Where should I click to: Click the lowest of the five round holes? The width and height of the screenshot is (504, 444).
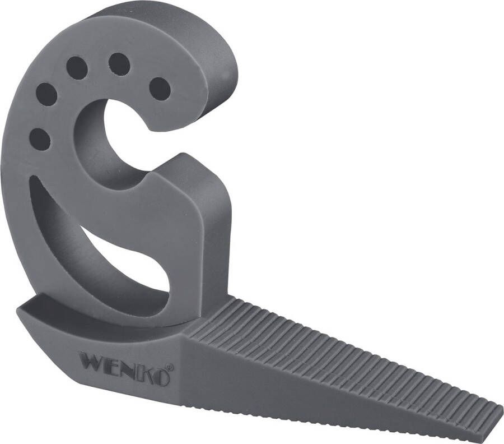(39, 139)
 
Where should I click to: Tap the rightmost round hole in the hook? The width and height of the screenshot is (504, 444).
(160, 89)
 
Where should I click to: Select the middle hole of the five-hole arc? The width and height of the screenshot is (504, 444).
(77, 68)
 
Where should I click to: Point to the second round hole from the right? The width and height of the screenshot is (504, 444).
(119, 64)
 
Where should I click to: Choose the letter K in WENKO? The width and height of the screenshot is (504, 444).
(142, 372)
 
